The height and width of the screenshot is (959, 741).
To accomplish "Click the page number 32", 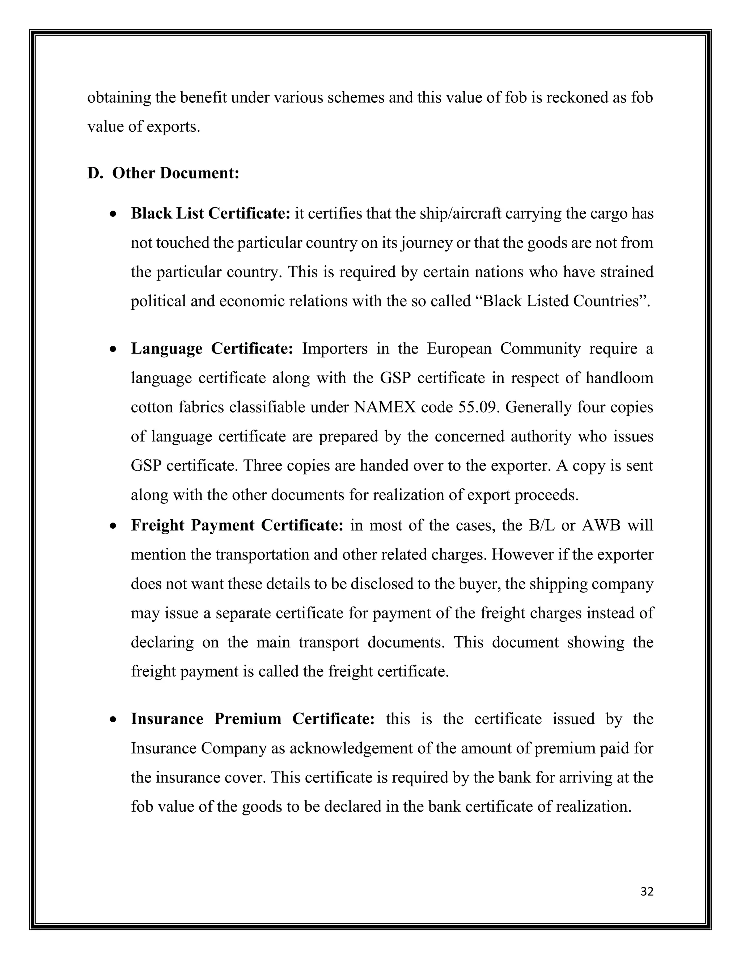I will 647,892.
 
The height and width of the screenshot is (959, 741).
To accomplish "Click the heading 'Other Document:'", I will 175,173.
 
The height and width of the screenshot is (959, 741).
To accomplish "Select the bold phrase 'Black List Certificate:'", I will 211,214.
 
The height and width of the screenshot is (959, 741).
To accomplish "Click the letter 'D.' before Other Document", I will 94,173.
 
